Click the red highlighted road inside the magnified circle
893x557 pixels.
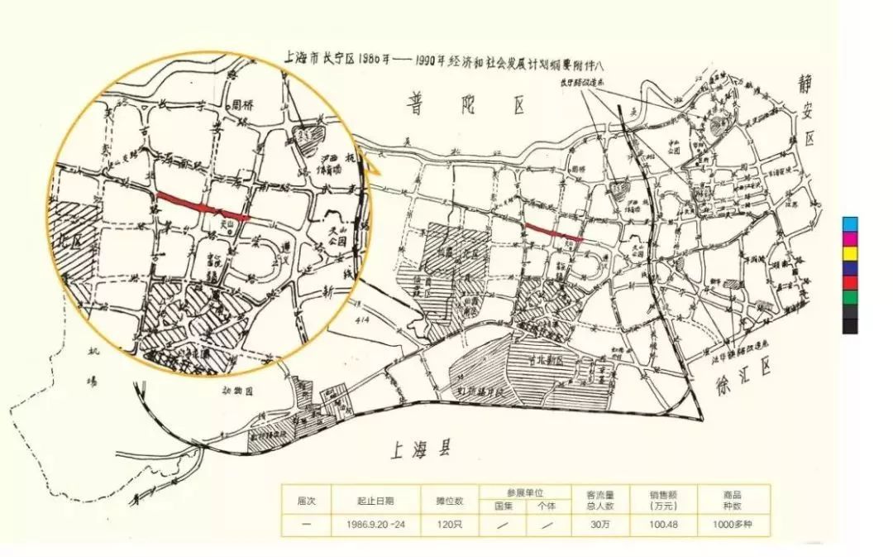(203, 206)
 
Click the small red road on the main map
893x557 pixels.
(554, 232)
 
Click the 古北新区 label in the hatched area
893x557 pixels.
(559, 362)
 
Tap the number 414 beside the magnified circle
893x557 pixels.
(357, 319)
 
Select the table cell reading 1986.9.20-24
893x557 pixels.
(375, 525)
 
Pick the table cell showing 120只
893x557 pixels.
(450, 525)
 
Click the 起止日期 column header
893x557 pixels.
(375, 500)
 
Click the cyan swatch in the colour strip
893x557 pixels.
(850, 223)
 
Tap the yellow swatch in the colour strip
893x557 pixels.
(850, 252)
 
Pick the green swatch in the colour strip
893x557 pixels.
(850, 296)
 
